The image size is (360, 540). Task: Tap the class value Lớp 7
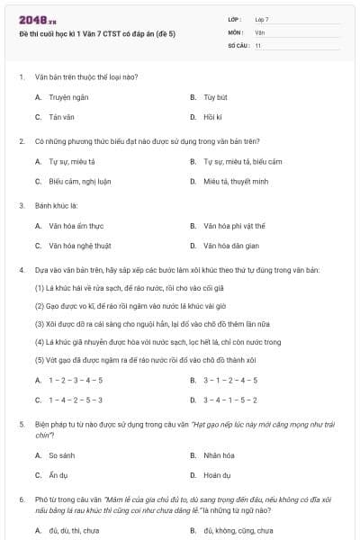pos(262,18)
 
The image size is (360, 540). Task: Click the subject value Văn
pos(260,31)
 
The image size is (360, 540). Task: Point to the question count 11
pos(258,45)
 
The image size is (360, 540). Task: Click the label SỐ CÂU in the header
pos(238,45)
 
